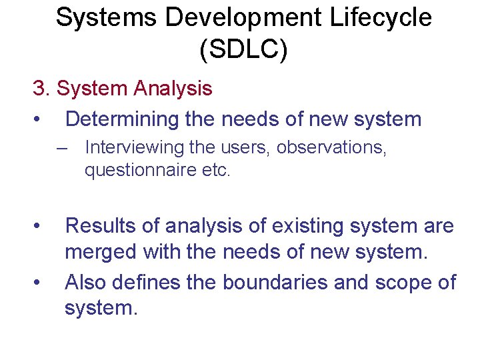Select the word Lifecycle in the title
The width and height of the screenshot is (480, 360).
(x=379, y=18)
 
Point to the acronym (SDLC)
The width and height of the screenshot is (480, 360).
(x=243, y=50)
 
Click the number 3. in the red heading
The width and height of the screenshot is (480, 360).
(x=42, y=88)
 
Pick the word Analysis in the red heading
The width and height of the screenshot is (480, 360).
(x=173, y=88)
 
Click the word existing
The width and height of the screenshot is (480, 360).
(x=303, y=226)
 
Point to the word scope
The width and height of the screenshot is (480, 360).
(x=399, y=283)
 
